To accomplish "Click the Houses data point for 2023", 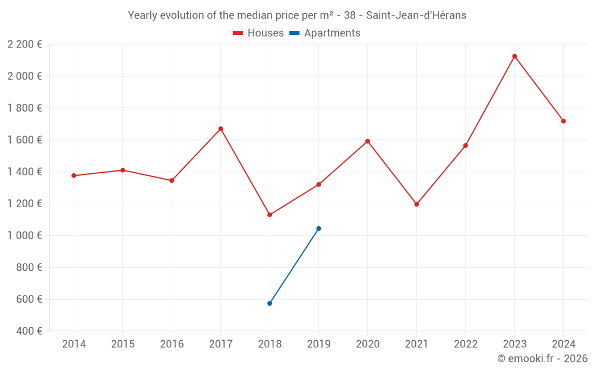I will (x=514, y=56).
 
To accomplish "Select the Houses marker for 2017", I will (x=220, y=129).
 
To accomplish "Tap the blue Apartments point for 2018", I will (x=270, y=303).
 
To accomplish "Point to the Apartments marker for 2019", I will (x=318, y=229).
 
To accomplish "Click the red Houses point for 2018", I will (x=270, y=215).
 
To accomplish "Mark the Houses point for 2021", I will (x=416, y=204).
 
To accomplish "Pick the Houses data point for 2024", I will (x=563, y=121).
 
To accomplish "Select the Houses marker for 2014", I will (x=74, y=176).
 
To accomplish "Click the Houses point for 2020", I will (x=368, y=141).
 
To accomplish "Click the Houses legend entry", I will (x=258, y=33).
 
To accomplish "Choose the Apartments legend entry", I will (x=325, y=33).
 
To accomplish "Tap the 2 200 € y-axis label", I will (x=24, y=45).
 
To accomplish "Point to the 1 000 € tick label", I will (x=24, y=236).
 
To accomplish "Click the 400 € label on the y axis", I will (x=28, y=331).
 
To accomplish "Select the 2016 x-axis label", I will (x=172, y=344).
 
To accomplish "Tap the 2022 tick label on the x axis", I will (x=465, y=344).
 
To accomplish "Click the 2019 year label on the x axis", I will (x=318, y=344).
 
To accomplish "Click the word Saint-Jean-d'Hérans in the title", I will (x=416, y=15).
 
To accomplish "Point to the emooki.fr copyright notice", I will (x=542, y=359).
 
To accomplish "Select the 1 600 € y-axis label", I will (x=24, y=140).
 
